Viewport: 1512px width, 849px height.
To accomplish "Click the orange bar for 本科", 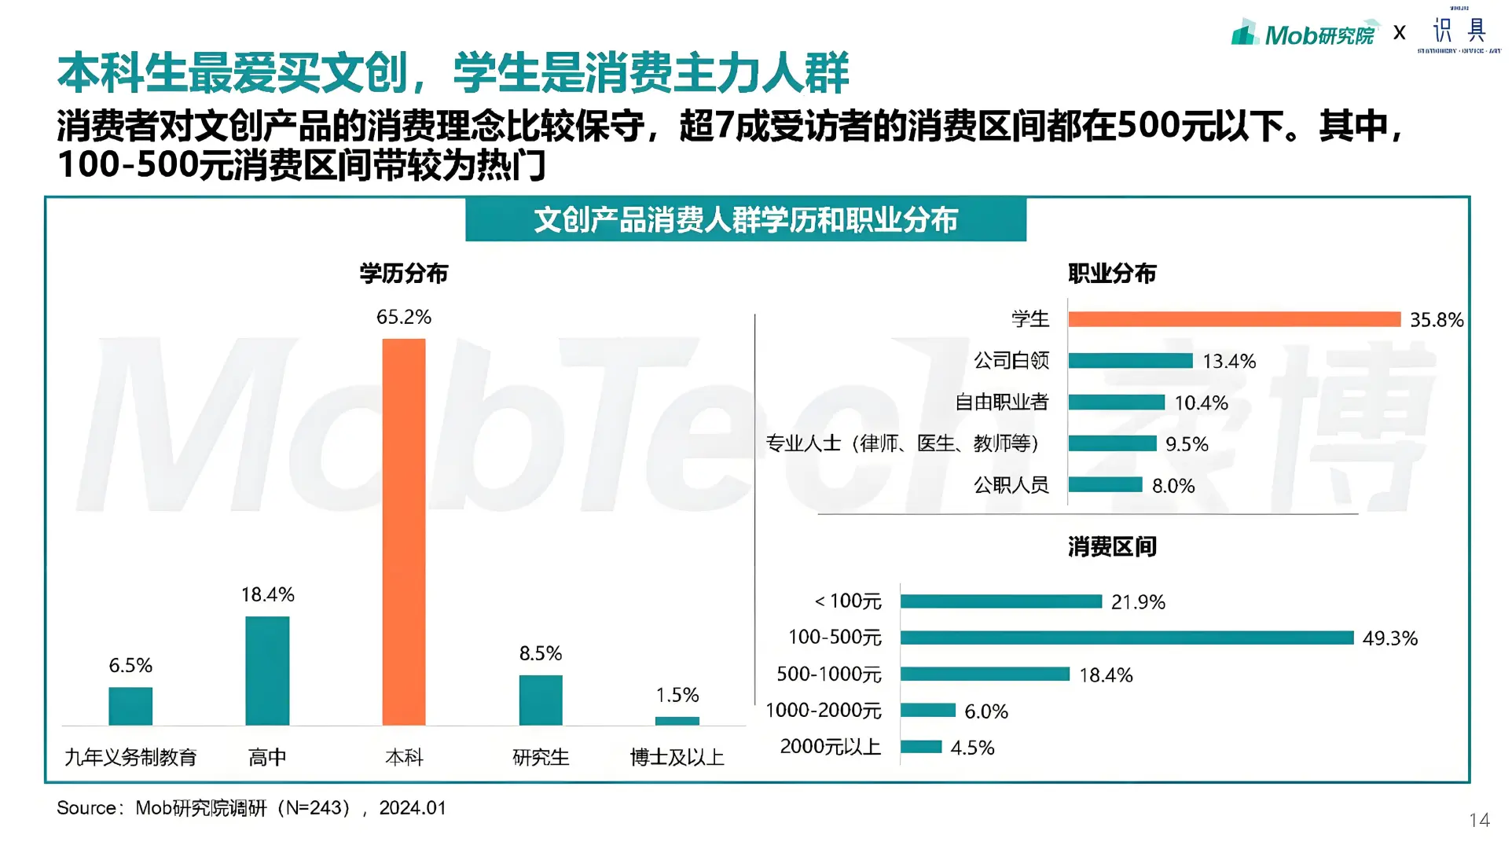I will coord(404,532).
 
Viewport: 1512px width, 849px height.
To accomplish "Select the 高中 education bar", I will coord(267,671).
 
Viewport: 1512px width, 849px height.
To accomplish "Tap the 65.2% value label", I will coord(404,317).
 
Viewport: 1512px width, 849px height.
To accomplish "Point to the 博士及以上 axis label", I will coord(677,757).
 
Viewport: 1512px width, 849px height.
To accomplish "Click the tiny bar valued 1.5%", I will coord(677,721).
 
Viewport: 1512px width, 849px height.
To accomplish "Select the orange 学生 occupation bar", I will coord(1234,319).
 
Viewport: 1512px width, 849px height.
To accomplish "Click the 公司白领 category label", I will coord(1011,361).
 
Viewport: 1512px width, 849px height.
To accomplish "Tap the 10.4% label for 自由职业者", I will coord(1201,403).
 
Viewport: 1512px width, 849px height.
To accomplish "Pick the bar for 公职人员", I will coord(1105,485).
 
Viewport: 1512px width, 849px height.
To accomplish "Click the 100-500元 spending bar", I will coord(1127,638).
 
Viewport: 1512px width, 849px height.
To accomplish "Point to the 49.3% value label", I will coord(1389,638).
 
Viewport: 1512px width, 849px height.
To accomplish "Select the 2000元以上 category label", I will coord(831,747).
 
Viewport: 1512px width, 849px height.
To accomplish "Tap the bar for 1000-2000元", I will coord(928,711).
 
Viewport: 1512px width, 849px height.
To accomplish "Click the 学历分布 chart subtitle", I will coord(404,274).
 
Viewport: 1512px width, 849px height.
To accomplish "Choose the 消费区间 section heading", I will coord(1112,546).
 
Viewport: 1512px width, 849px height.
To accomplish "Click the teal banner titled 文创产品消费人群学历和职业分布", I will coord(745,220).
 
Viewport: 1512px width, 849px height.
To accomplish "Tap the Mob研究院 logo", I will coord(1305,34).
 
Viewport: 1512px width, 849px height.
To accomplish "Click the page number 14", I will coord(1479,821).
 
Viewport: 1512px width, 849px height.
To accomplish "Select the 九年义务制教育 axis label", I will coord(130,757).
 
